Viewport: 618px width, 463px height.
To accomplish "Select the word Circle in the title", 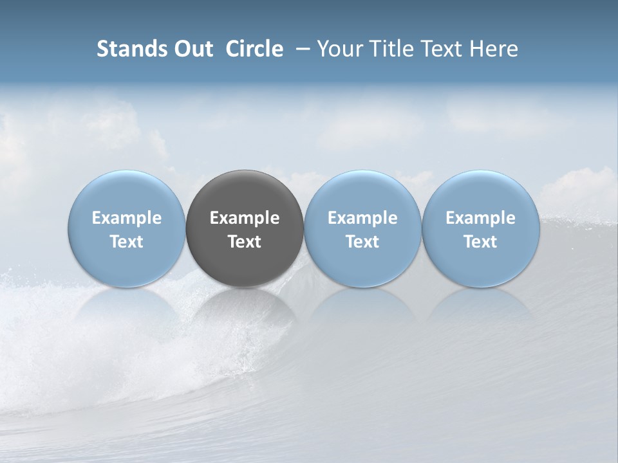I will [254, 49].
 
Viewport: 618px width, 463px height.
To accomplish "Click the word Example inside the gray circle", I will [245, 218].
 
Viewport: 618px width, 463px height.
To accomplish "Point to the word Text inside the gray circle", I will [245, 242].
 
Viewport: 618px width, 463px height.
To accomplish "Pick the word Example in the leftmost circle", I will [126, 218].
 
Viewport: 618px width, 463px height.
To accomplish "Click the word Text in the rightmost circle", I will [480, 242].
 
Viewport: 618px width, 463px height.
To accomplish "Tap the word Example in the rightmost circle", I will [480, 218].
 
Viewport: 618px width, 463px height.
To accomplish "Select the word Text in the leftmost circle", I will [126, 242].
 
